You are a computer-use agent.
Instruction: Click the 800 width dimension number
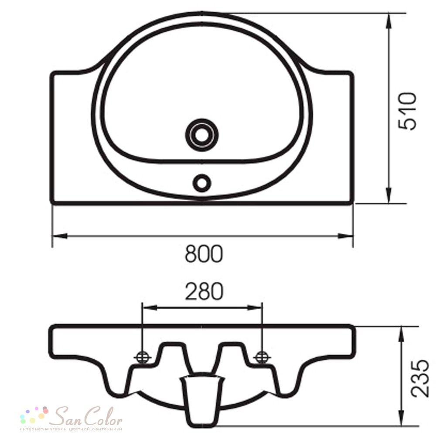[204, 254]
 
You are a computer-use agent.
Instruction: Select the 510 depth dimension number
[408, 111]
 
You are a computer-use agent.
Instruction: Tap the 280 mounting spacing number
[204, 291]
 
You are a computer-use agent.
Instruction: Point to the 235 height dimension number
[420, 378]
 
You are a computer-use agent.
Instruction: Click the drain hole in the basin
[202, 135]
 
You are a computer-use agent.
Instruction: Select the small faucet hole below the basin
[202, 183]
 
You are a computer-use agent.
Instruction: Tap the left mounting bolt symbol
[143, 358]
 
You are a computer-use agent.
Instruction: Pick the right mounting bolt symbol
[262, 358]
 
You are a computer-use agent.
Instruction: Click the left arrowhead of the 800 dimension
[59, 236]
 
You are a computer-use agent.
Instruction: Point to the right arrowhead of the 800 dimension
[346, 236]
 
